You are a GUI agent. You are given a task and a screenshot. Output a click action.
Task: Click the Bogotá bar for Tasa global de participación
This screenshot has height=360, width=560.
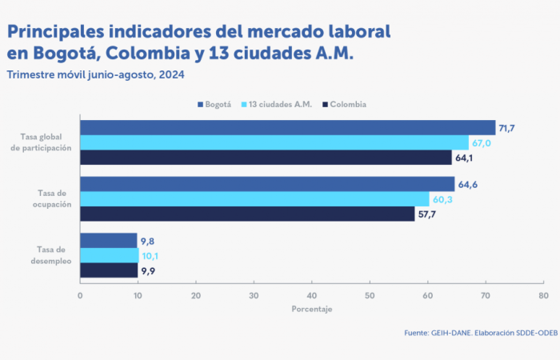288,128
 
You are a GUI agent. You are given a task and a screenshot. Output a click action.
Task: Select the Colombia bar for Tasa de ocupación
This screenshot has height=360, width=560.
247,214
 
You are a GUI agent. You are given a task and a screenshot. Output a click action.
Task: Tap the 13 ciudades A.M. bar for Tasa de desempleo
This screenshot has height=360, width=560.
110,255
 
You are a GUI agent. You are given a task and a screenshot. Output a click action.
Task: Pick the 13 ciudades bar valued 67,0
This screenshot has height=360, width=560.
274,142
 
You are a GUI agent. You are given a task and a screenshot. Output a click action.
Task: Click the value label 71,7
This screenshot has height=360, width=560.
506,128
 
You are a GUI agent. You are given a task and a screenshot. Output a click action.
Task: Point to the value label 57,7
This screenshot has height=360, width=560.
426,214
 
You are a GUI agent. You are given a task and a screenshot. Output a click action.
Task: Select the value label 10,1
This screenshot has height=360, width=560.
150,256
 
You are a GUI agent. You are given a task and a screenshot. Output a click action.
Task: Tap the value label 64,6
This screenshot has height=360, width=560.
467,185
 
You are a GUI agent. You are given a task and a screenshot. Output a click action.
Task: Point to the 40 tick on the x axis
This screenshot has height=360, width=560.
311,295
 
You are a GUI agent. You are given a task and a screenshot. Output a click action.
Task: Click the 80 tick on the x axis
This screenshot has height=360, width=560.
542,295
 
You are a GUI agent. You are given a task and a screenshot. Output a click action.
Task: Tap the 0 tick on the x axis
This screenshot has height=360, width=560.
80,295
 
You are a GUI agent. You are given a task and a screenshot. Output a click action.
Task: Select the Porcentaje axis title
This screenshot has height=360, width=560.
311,309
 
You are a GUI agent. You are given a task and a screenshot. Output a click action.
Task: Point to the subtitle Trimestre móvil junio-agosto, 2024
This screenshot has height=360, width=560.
95,74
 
